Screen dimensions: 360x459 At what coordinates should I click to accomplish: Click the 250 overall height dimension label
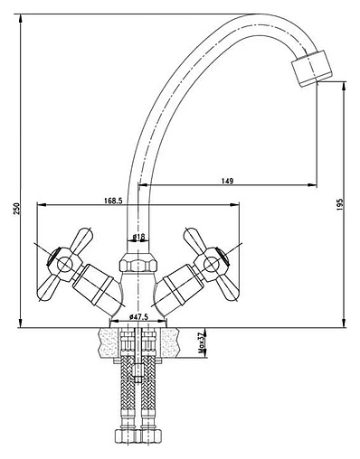(16, 209)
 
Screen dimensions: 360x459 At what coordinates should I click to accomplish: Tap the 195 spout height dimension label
(340, 204)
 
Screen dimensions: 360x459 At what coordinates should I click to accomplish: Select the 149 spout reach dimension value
(228, 181)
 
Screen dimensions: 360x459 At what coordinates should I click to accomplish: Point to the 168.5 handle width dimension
(113, 201)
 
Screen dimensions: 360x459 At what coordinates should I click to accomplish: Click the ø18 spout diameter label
(138, 237)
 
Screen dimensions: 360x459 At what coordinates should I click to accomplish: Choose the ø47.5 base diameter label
(138, 317)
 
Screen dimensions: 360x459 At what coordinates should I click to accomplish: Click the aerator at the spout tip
(311, 69)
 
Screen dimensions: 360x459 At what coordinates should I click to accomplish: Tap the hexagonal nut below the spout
(138, 262)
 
